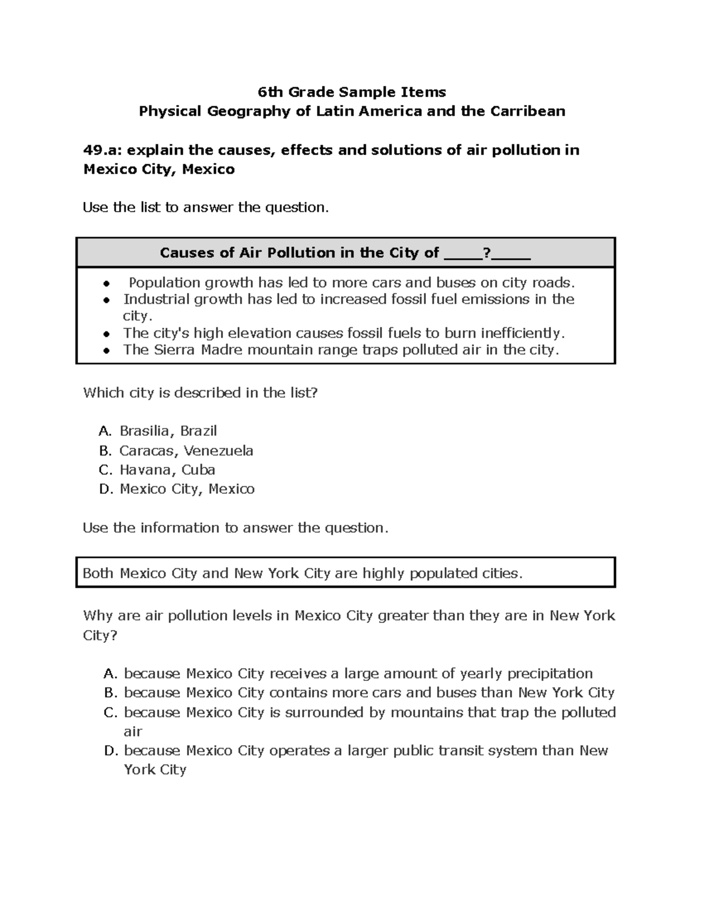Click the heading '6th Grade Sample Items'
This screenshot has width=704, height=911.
[352, 92]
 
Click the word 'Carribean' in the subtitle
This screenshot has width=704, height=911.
[534, 111]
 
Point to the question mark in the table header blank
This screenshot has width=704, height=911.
[486, 253]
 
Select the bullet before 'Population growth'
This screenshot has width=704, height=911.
[106, 284]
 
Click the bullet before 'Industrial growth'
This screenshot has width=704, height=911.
[106, 300]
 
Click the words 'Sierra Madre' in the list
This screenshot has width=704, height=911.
[191, 350]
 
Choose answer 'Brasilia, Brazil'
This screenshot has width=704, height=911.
[168, 431]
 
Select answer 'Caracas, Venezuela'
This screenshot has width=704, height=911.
[186, 451]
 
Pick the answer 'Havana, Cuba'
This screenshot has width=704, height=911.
[167, 470]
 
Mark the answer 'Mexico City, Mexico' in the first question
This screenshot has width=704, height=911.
[187, 489]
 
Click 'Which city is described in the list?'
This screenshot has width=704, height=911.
[200, 393]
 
